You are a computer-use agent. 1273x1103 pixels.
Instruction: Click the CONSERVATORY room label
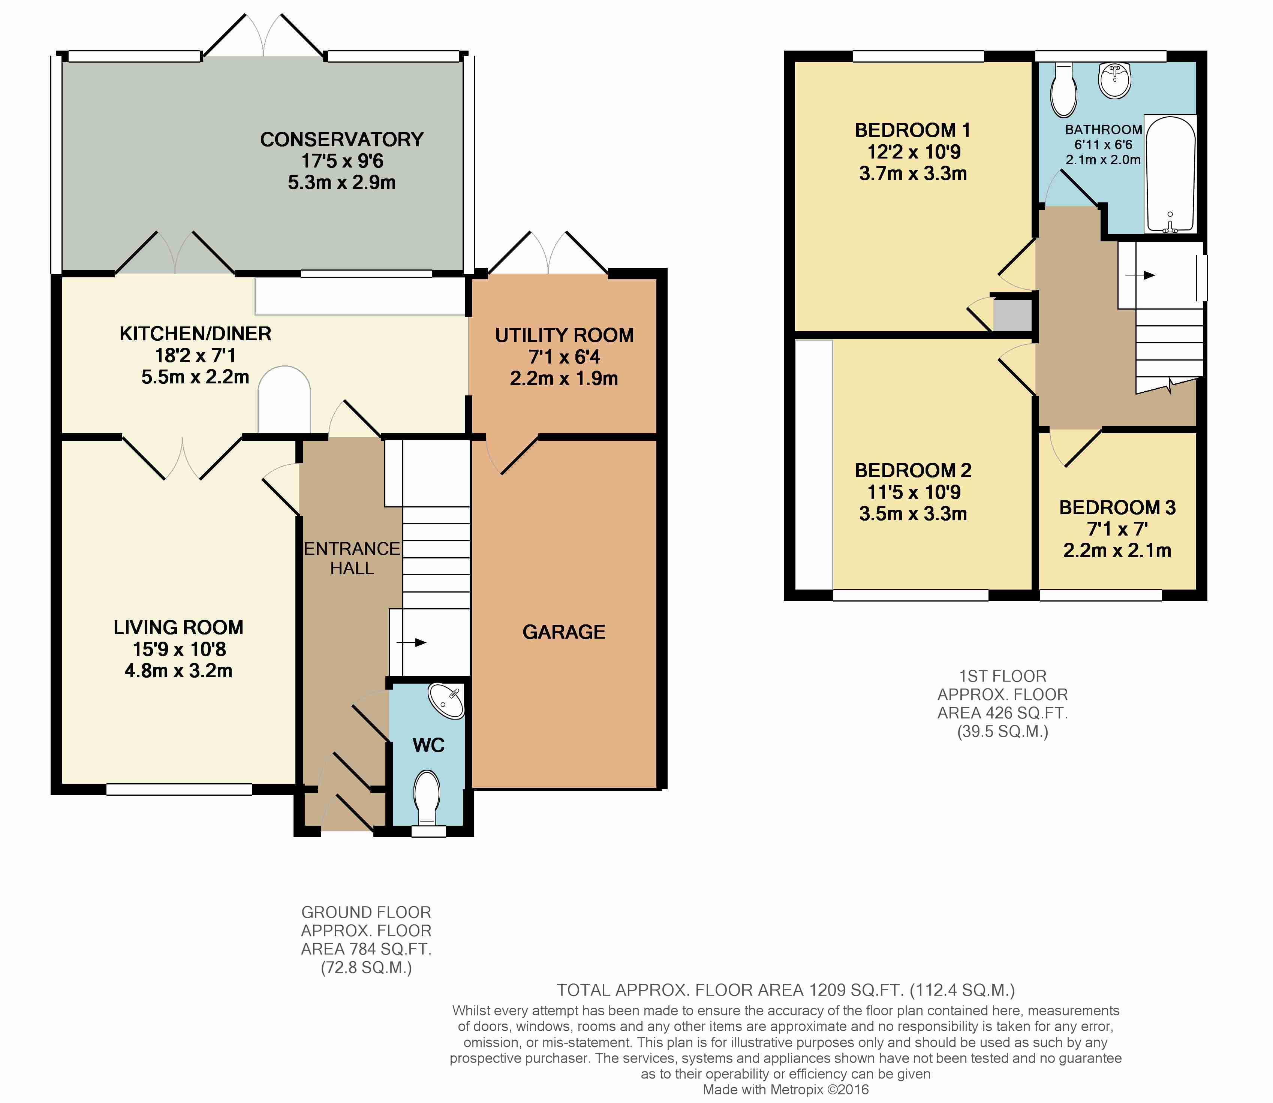click(x=341, y=140)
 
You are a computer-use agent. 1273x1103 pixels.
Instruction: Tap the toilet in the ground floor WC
click(x=427, y=798)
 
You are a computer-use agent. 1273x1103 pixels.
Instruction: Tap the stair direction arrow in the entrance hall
click(x=411, y=643)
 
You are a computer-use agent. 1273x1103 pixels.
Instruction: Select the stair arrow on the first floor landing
click(x=1140, y=275)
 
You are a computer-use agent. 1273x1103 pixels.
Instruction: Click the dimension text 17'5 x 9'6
click(x=342, y=161)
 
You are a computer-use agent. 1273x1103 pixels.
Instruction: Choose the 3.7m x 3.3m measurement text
click(x=913, y=174)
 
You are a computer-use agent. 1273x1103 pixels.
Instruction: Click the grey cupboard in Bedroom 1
click(x=1012, y=315)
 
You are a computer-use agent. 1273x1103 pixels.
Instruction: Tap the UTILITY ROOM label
click(x=565, y=335)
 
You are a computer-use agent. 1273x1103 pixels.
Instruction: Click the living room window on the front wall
click(x=179, y=789)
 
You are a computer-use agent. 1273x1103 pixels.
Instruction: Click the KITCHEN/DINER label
click(x=195, y=334)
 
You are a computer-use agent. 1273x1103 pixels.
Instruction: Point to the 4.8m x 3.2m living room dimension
click(x=178, y=671)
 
